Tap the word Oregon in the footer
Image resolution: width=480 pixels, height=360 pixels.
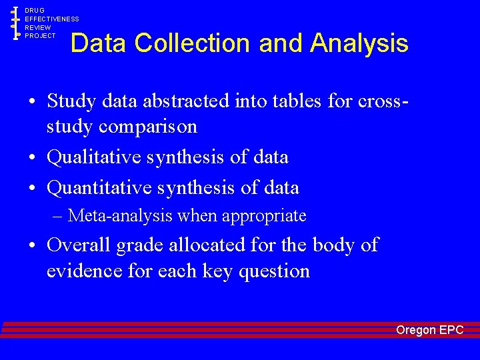(416, 330)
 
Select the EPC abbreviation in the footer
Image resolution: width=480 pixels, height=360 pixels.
(451, 330)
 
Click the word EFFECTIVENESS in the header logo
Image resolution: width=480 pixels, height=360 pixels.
(52, 19)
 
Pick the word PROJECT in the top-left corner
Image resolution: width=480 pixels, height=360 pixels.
(41, 36)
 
